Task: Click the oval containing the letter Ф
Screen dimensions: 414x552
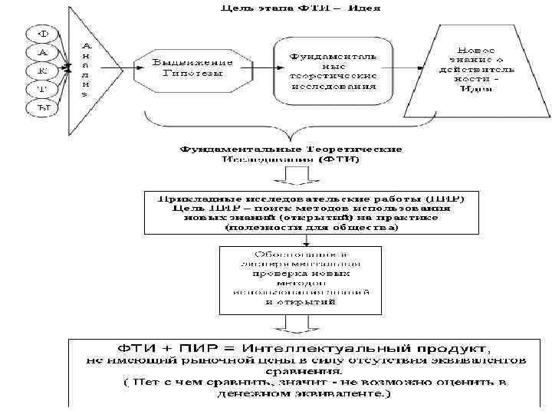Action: [x=44, y=34]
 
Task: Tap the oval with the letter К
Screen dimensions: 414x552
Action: [x=44, y=71]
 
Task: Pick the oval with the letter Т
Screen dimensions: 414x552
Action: [x=44, y=89]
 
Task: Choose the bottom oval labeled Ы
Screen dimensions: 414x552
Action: [x=44, y=107]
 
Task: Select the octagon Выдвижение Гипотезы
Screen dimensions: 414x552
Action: [x=188, y=68]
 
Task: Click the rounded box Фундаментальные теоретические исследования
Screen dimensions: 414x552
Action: [x=333, y=67]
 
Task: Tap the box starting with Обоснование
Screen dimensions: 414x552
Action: [x=301, y=278]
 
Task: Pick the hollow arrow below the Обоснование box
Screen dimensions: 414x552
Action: [x=300, y=326]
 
